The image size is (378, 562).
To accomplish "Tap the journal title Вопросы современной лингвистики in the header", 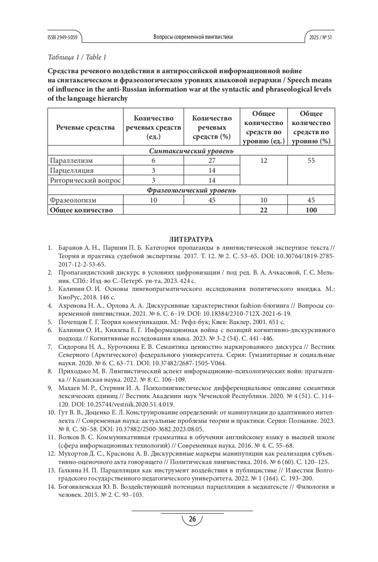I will point(193,37).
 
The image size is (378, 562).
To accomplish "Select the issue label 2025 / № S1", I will point(320,37).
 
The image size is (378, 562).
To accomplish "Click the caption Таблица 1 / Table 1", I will point(77,57).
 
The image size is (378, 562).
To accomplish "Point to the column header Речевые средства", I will point(85,127).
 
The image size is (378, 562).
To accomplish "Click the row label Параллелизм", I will point(71,160).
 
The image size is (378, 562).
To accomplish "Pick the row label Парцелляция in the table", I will point(72,171).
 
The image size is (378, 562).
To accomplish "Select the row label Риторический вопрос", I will point(85,181).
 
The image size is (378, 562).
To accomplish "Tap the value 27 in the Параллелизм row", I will point(212,160).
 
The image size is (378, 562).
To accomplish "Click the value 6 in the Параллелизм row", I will point(153,160).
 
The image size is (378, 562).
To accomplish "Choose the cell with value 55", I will point(311,160).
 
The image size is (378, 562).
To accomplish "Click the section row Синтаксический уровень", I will point(191,151).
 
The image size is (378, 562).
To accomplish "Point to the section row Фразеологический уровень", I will point(191,190).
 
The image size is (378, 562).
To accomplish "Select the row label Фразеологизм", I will point(73,200).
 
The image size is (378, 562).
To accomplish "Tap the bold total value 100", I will point(311,210).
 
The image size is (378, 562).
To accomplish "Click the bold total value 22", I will point(264,210).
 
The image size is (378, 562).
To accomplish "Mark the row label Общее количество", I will point(81,210).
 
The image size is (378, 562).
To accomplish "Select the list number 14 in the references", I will point(51,487).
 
